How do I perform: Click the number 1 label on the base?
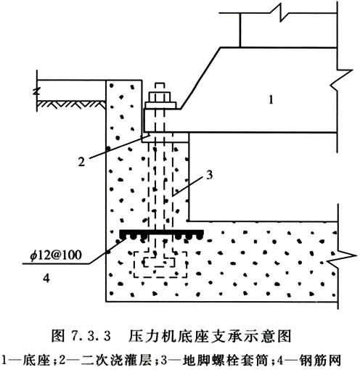[x=271, y=99]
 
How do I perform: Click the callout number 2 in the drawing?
[x=81, y=161]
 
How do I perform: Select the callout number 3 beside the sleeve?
[x=209, y=175]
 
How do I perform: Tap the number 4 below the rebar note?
[x=46, y=278]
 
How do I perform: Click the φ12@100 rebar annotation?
[x=56, y=255]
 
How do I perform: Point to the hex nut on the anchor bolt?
[x=160, y=96]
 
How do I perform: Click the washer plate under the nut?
[x=160, y=105]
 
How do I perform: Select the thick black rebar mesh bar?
[x=161, y=234]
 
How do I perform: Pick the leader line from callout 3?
[x=187, y=186]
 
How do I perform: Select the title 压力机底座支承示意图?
[x=210, y=336]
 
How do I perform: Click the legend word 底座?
[x=36, y=361]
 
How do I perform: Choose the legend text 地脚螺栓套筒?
[x=226, y=361]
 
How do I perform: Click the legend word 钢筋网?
[x=320, y=361]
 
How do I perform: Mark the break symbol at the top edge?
[x=281, y=13]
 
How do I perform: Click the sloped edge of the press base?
[x=200, y=78]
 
